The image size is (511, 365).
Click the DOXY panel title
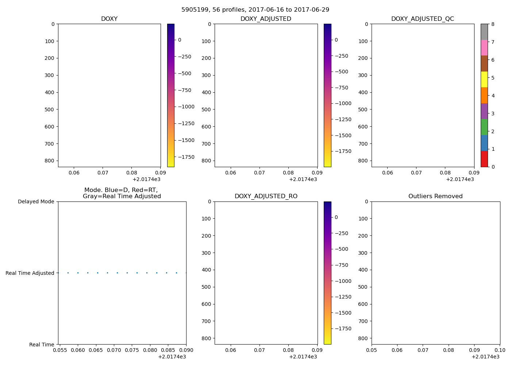109,19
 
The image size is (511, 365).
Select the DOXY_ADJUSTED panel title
266,19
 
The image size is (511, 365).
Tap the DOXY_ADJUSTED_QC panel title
423,19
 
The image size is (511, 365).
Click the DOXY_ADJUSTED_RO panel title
266,196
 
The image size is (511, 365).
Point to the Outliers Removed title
435,196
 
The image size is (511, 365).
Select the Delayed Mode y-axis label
36,201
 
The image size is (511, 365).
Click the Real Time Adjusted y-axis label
30,273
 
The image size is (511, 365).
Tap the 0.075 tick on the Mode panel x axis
132,350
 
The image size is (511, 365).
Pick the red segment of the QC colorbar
484,159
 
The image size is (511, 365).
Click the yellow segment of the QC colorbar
484,79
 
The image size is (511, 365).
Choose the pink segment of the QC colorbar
484,47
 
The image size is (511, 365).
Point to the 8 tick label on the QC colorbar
493,24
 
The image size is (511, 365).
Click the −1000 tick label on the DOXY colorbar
186,107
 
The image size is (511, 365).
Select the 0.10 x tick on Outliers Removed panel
500,350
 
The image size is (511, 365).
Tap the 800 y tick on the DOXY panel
50,161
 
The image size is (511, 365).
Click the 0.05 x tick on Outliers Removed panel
372,350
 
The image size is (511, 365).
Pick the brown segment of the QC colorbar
484,64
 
